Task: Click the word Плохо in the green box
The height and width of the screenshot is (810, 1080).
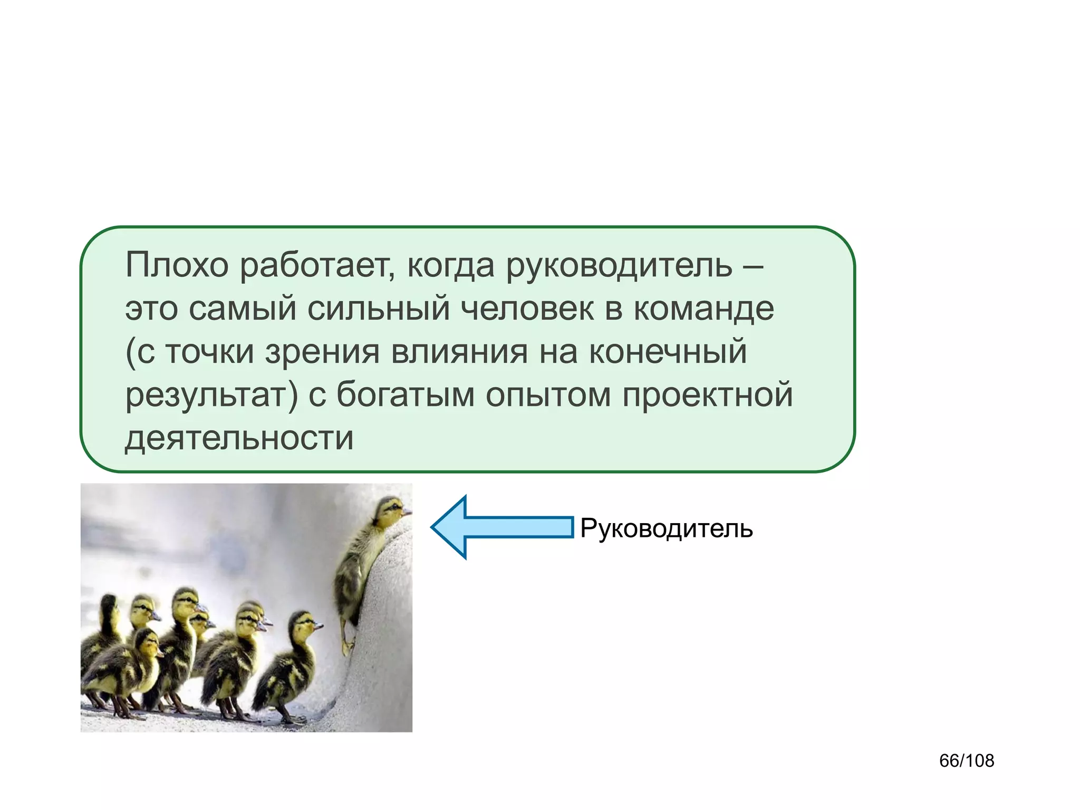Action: pyautogui.click(x=177, y=265)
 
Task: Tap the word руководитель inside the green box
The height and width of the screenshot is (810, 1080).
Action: pyautogui.click(x=619, y=266)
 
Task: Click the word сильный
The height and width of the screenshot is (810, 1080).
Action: pyautogui.click(x=378, y=309)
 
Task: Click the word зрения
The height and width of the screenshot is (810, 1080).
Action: pyautogui.click(x=322, y=352)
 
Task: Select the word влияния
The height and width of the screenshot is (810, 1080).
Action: pyautogui.click(x=459, y=352)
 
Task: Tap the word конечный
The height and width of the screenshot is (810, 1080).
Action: pyautogui.click(x=668, y=352)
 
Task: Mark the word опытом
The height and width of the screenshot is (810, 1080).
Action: pyautogui.click(x=548, y=396)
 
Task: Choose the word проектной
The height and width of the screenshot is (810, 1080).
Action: pyautogui.click(x=708, y=396)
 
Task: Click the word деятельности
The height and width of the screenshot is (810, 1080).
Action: pyautogui.click(x=239, y=438)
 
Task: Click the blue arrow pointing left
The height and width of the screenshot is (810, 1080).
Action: pyautogui.click(x=501, y=527)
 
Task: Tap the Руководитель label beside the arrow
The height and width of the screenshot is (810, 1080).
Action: pyautogui.click(x=666, y=528)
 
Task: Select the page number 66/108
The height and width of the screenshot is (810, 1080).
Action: pyautogui.click(x=966, y=760)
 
